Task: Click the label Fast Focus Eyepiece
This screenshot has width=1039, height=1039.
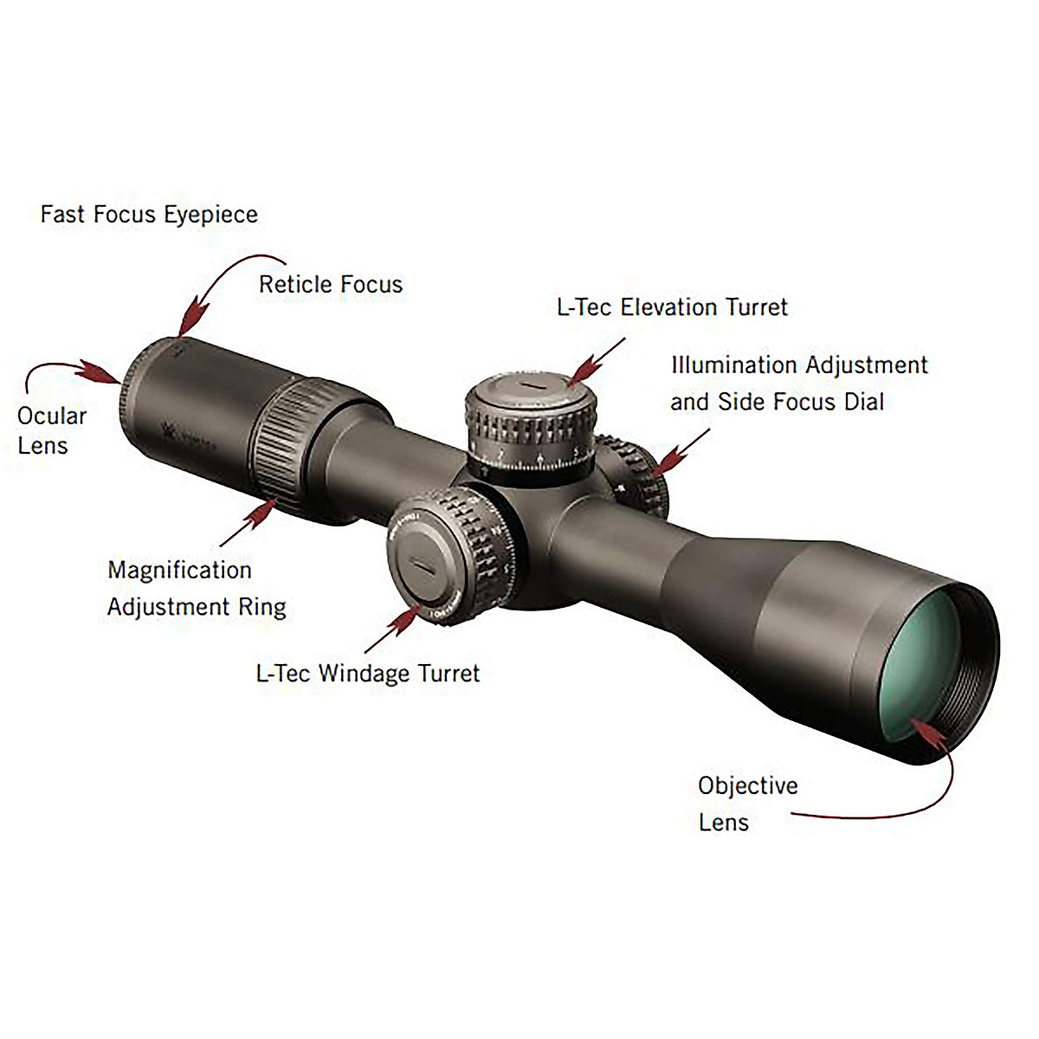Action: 149,215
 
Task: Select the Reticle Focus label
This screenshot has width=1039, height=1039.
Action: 331,285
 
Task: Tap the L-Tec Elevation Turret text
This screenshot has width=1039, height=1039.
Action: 672,307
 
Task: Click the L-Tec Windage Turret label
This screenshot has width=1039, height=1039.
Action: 368,674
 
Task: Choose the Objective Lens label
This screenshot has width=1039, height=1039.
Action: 747,803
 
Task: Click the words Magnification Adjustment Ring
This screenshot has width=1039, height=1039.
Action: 197,589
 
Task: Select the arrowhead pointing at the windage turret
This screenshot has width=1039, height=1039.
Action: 404,619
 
